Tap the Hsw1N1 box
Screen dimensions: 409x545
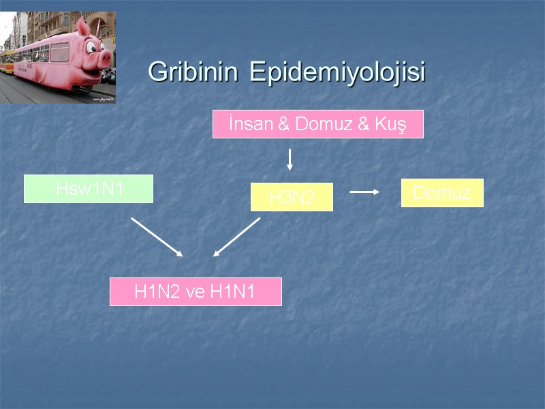point(89,189)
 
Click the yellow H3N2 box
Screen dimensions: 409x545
point(292,198)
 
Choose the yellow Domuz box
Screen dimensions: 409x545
point(442,193)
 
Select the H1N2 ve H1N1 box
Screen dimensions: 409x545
point(196,292)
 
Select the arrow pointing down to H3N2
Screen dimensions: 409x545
point(290,159)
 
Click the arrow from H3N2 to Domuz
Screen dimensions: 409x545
point(364,192)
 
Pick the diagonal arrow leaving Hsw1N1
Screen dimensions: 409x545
point(157,237)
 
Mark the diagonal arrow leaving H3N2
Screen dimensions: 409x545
point(237,237)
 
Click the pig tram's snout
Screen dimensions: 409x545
point(104,58)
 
